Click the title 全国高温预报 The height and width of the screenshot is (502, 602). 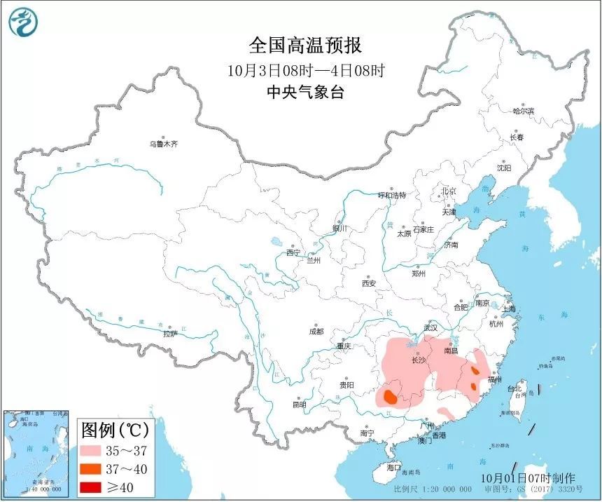pyautogui.click(x=305, y=46)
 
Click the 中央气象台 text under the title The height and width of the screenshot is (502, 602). pyautogui.click(x=305, y=92)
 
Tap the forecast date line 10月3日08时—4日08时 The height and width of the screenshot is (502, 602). pyautogui.click(x=305, y=70)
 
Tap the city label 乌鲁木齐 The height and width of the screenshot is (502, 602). pyautogui.click(x=163, y=144)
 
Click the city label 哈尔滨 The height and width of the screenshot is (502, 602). pyautogui.click(x=523, y=111)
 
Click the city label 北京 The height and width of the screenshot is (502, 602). pyautogui.click(x=449, y=191)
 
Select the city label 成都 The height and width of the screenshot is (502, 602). pyautogui.click(x=316, y=331)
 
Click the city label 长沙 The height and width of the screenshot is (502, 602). pyautogui.click(x=419, y=360)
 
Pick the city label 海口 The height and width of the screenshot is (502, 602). pyautogui.click(x=393, y=467)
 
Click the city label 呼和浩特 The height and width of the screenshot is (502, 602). pyautogui.click(x=392, y=195)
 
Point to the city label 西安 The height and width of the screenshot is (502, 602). pyautogui.click(x=369, y=283)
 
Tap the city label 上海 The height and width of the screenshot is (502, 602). pyautogui.click(x=509, y=308)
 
